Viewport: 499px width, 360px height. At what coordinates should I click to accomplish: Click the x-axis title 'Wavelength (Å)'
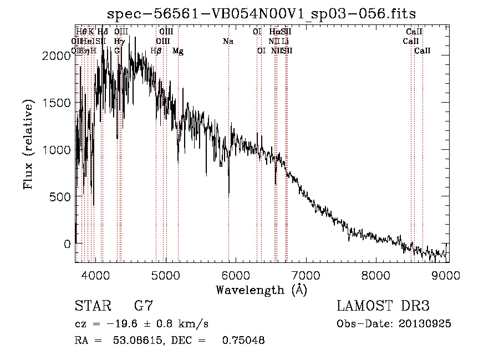click(x=261, y=290)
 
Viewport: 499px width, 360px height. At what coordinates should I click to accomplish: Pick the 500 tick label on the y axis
click(x=60, y=197)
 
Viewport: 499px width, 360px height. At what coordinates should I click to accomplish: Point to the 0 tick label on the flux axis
click(x=67, y=244)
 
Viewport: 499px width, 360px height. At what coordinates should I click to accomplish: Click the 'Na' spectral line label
click(x=228, y=41)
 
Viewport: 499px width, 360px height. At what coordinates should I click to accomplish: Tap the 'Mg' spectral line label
click(x=178, y=50)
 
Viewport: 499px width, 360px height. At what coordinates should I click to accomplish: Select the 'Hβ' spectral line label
click(x=156, y=50)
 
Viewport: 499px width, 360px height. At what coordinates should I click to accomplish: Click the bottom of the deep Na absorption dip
click(x=229, y=195)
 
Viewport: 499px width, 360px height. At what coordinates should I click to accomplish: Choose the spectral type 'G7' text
click(x=143, y=306)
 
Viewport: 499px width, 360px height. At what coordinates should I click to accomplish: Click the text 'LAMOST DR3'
click(x=383, y=306)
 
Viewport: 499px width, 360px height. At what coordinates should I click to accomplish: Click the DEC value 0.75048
click(x=243, y=340)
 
